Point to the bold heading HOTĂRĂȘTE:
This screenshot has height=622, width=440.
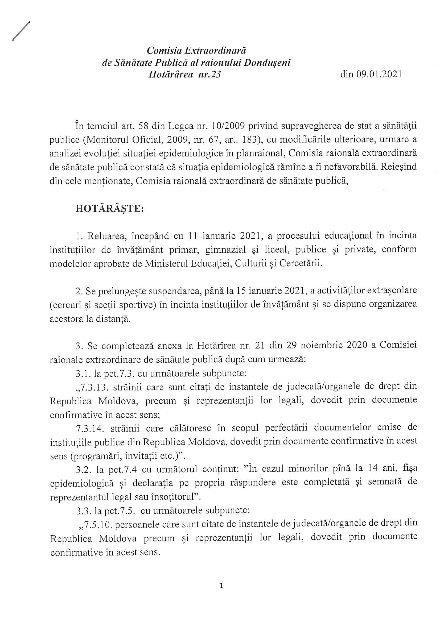tap(110, 209)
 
